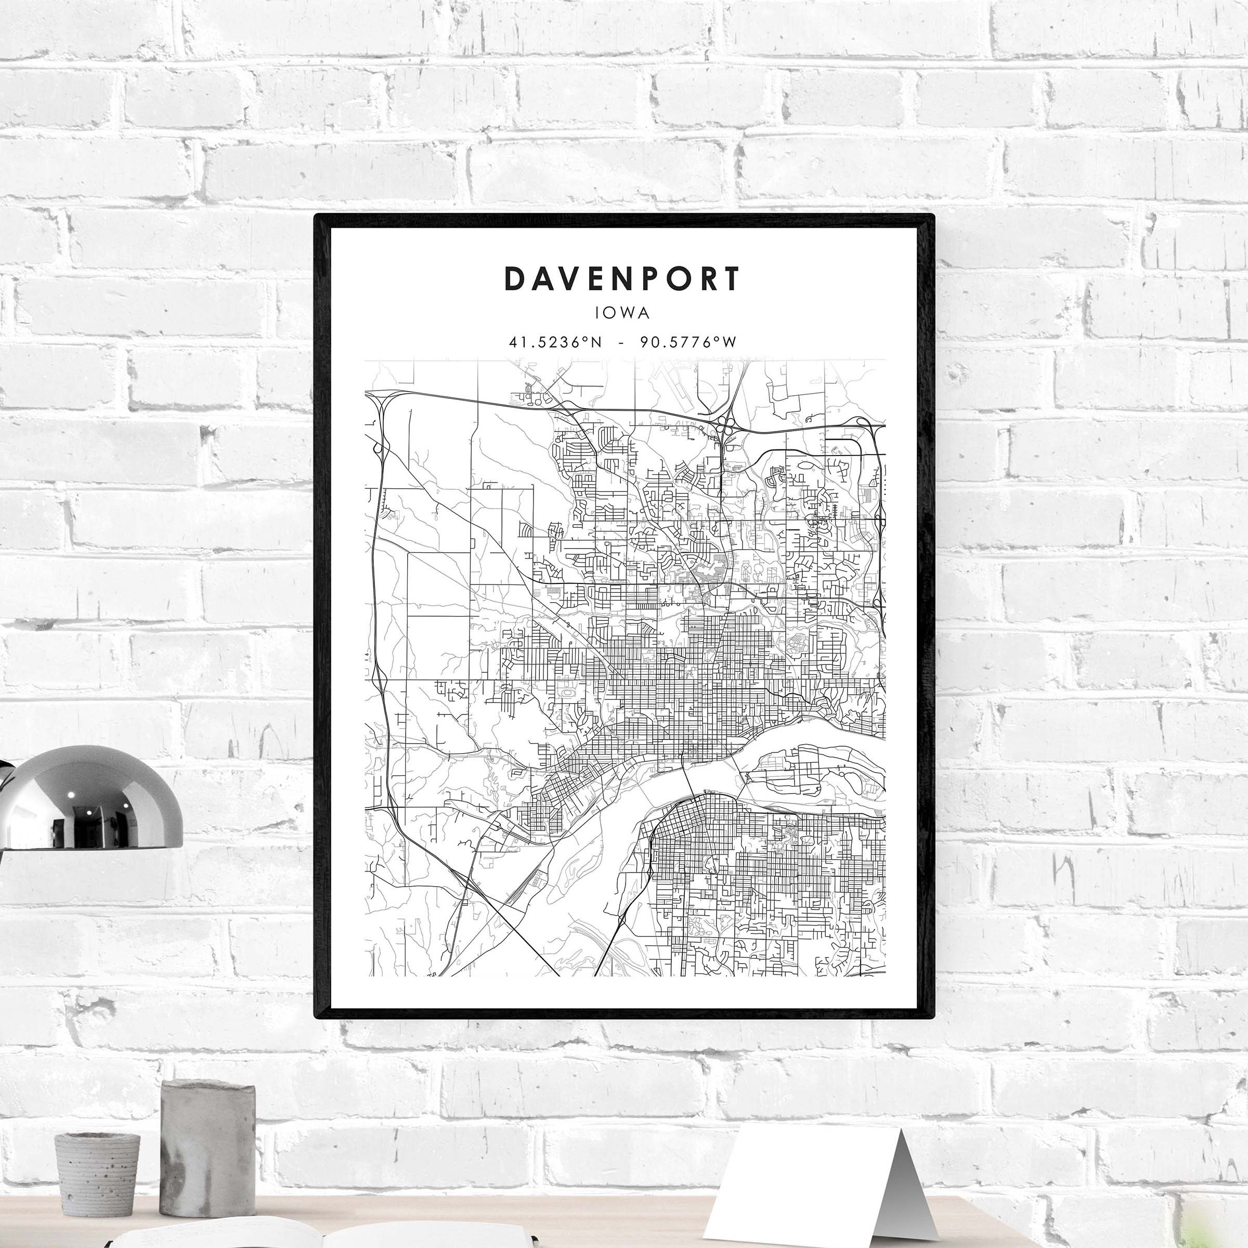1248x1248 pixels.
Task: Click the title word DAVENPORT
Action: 622,279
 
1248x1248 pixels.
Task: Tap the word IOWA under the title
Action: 623,313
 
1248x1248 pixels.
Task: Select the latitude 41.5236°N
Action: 555,342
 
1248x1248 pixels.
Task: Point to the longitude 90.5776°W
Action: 688,342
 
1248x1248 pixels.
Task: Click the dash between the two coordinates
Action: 621,342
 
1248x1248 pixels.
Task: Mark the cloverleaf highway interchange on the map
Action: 725,426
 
